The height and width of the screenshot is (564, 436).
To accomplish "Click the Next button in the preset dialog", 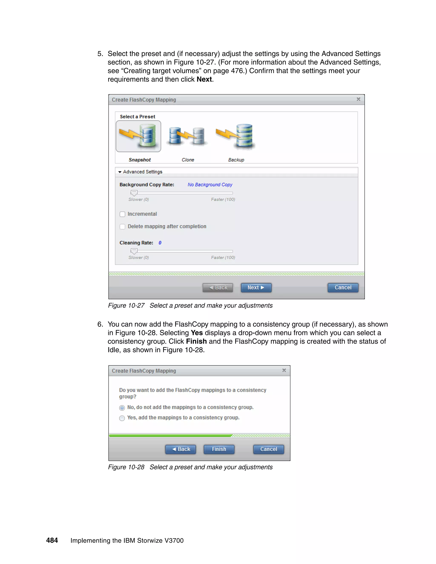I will pos(256,287).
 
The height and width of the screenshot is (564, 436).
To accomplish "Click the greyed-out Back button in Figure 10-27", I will pos(218,287).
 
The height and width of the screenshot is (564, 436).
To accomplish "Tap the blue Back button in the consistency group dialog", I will pos(181,449).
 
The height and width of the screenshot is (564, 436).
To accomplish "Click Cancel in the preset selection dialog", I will pos(343,287).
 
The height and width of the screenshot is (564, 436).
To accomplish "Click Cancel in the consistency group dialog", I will pos(268,449).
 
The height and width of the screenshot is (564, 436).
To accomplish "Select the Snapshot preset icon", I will pos(138,136).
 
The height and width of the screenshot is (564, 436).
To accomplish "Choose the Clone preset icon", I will pos(187,136).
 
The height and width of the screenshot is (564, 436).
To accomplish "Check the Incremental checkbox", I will pos(122,214).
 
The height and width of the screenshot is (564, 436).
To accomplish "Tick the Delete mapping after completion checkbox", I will pos(122,226).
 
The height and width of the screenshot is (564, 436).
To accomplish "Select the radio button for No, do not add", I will pos(122,408).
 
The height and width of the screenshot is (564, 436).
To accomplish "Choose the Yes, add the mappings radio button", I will pos(122,418).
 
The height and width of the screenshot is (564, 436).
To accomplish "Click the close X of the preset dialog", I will pos(358,99).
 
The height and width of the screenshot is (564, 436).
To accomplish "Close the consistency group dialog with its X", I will pos(284,370).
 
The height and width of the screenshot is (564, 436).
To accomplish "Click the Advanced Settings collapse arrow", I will pos(120,172).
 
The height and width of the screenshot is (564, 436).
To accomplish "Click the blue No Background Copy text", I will pos(210,185).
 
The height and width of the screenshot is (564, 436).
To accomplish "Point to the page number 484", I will pos(52,540).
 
